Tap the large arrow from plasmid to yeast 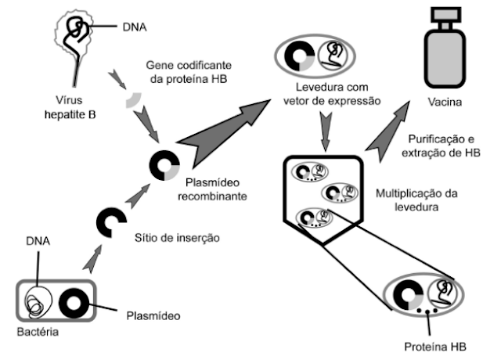(x=223, y=129)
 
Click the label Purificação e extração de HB (x=439, y=146)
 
